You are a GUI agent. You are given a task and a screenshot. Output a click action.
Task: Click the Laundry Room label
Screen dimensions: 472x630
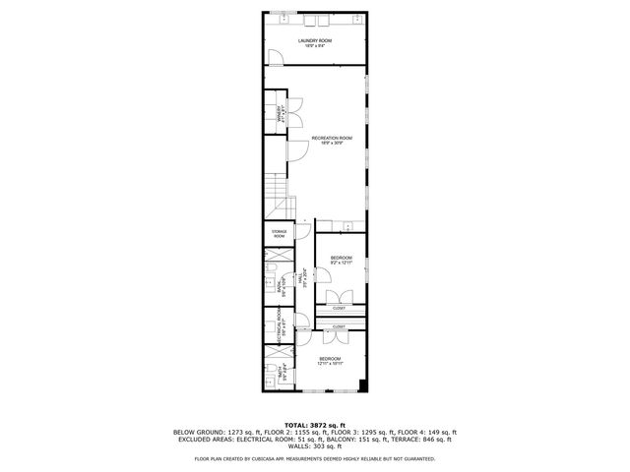pyautogui.click(x=315, y=42)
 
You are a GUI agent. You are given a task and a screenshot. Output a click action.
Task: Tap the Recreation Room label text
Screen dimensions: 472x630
pyautogui.click(x=331, y=140)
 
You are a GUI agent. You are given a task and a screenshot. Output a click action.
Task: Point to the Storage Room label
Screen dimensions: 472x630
pyautogui.click(x=280, y=234)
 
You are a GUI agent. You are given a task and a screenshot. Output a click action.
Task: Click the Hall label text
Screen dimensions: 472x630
pyautogui.click(x=305, y=278)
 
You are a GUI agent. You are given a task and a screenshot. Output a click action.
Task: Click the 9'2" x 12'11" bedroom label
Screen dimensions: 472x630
pyautogui.click(x=340, y=261)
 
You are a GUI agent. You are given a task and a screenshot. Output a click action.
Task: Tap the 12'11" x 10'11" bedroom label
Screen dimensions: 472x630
pyautogui.click(x=330, y=361)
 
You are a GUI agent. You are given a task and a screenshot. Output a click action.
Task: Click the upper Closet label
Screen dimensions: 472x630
pyautogui.click(x=339, y=308)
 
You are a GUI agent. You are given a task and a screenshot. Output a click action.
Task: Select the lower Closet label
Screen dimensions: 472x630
pyautogui.click(x=339, y=325)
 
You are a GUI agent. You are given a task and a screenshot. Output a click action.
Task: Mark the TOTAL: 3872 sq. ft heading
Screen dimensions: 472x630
pyautogui.click(x=314, y=424)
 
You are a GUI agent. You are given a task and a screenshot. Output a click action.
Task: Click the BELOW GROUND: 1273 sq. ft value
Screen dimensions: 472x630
pyautogui.click(x=211, y=432)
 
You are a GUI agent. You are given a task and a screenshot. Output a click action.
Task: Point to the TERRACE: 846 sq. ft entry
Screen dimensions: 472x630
pyautogui.click(x=424, y=440)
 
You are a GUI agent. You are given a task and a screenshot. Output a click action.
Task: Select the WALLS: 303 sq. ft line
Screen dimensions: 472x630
pyautogui.click(x=314, y=447)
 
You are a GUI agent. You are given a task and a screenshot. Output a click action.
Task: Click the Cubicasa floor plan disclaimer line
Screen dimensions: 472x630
pyautogui.click(x=314, y=458)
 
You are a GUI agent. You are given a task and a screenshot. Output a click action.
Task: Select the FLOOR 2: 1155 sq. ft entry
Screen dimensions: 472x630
pyautogui.click(x=285, y=432)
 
